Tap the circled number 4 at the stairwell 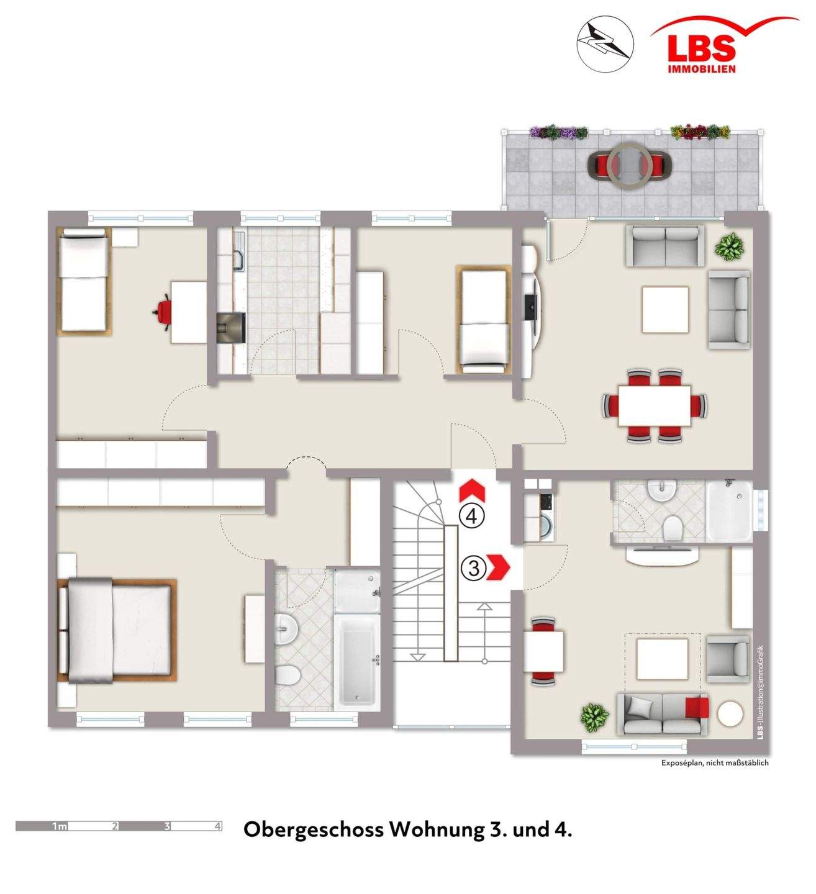pyautogui.click(x=472, y=516)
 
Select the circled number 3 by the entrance pyautogui.click(x=474, y=568)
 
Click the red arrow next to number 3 pyautogui.click(x=499, y=567)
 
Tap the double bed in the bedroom pyautogui.click(x=117, y=630)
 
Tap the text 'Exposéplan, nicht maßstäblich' pyautogui.click(x=715, y=762)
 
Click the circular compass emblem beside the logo pyautogui.click(x=605, y=44)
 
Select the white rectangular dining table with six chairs pyautogui.click(x=655, y=405)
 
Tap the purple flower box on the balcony pyautogui.click(x=558, y=132)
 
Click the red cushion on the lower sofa pyautogui.click(x=697, y=708)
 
